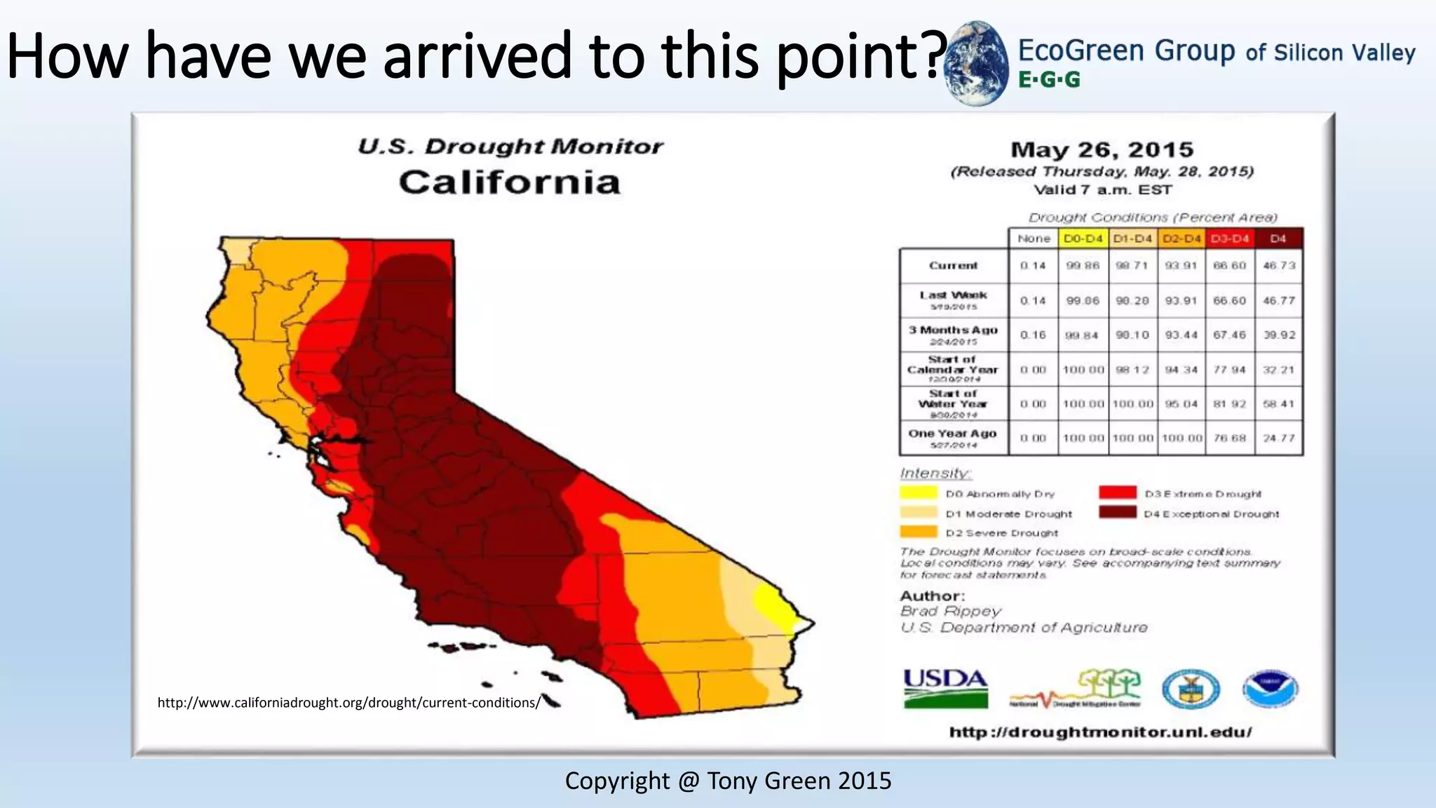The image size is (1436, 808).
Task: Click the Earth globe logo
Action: click(x=977, y=64)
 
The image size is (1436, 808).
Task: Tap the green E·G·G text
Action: click(x=1049, y=80)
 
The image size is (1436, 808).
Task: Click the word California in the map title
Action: click(x=510, y=182)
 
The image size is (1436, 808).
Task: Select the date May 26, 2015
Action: click(x=1102, y=149)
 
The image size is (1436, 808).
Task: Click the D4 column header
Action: click(x=1278, y=238)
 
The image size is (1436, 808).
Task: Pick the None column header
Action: click(x=1034, y=238)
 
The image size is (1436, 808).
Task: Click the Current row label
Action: click(x=953, y=265)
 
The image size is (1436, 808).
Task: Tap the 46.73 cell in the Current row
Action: click(x=1279, y=265)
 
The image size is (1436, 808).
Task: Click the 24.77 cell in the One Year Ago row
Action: click(x=1279, y=438)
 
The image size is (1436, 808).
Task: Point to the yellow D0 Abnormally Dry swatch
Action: click(x=919, y=492)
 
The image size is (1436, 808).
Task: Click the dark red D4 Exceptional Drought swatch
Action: click(x=1118, y=513)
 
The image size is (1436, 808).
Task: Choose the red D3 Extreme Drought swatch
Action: click(x=1118, y=492)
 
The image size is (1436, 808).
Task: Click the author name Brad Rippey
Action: click(x=950, y=611)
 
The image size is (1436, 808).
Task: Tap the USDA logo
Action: click(x=945, y=688)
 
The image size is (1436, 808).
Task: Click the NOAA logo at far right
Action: click(x=1270, y=689)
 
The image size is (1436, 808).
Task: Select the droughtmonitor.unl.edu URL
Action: click(x=1100, y=732)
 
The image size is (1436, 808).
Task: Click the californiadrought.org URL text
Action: click(x=348, y=703)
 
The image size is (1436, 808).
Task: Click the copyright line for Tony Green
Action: click(x=728, y=781)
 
